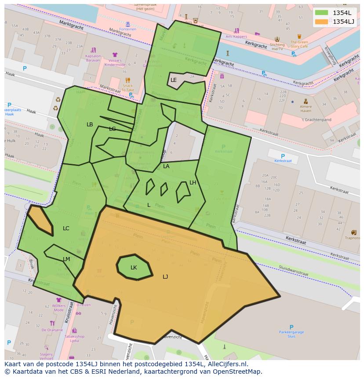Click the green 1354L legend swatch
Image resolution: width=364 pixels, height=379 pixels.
[x=322, y=13]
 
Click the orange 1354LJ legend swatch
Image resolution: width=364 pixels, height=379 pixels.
[x=322, y=22]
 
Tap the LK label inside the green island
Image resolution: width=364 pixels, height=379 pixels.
[x=134, y=267]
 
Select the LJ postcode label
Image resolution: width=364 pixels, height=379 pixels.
[x=165, y=276]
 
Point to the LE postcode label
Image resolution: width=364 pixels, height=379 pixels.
[x=174, y=80]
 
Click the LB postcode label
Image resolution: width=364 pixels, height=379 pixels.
[x=90, y=125]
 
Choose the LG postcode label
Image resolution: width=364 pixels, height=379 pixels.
[x=113, y=129]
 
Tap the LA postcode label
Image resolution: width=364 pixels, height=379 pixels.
[x=166, y=166]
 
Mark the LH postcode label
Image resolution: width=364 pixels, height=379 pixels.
[x=193, y=182]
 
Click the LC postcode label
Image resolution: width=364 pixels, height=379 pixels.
[x=66, y=228]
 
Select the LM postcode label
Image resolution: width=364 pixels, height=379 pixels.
[x=66, y=259]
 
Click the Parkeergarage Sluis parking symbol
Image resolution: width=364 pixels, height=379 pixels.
[x=291, y=327]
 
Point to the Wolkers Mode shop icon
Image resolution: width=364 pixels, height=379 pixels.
[x=58, y=300]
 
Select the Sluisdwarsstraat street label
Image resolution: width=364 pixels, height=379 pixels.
[x=293, y=272]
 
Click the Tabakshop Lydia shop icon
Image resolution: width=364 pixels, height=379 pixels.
[x=74, y=330]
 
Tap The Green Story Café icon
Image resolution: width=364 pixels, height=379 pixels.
[x=299, y=37]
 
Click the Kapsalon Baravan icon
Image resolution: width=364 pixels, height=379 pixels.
[x=93, y=50]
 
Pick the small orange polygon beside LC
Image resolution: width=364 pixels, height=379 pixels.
[x=40, y=220]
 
